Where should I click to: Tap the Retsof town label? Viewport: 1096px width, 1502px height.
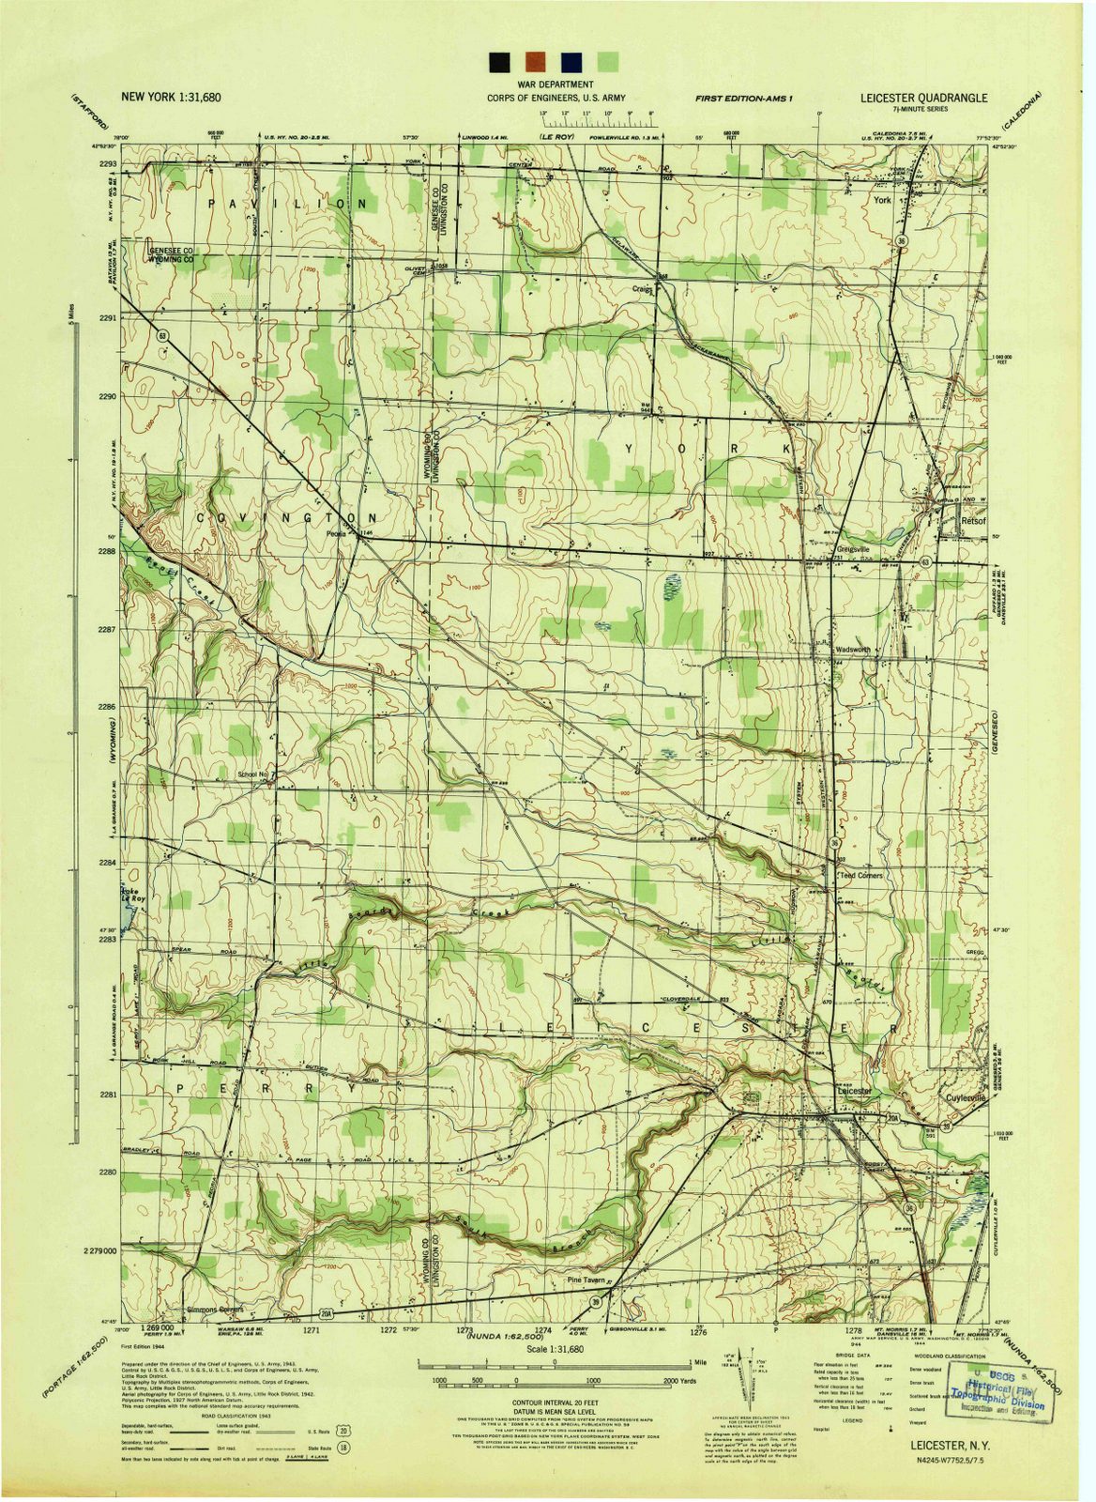pyautogui.click(x=971, y=519)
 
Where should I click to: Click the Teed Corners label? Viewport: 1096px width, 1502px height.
pyautogui.click(x=860, y=875)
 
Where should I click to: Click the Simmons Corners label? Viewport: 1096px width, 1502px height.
pyautogui.click(x=215, y=1309)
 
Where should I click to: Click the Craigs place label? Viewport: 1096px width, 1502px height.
pyautogui.click(x=642, y=289)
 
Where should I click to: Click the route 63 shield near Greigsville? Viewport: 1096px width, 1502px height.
pyautogui.click(x=925, y=561)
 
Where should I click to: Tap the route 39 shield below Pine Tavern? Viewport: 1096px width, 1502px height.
pyautogui.click(x=595, y=1301)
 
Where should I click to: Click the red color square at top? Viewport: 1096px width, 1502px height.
pyautogui.click(x=535, y=62)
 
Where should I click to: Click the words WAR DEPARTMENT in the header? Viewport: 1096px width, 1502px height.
pyautogui.click(x=555, y=84)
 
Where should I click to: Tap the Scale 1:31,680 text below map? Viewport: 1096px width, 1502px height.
pyautogui.click(x=555, y=1348)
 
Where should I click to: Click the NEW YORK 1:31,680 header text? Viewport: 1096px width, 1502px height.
pyautogui.click(x=171, y=97)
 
